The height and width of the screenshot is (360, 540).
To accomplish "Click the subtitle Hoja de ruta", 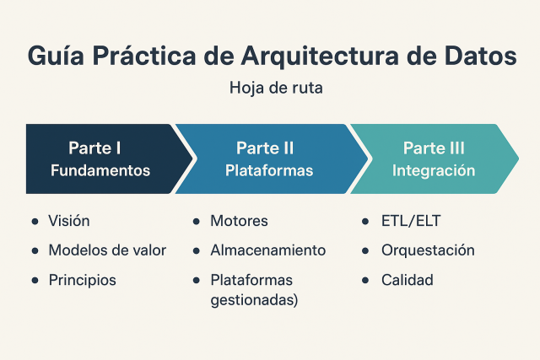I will (269, 87).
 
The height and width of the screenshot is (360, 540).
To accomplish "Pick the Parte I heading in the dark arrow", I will (95, 148).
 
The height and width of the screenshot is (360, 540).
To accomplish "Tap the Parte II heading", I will (265, 148).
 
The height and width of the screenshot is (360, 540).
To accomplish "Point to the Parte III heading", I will (434, 148).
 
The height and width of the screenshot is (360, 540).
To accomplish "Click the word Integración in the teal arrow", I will (434, 170).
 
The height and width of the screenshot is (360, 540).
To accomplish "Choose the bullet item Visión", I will (69, 221).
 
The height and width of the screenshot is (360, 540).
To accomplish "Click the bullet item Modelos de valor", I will (107, 250).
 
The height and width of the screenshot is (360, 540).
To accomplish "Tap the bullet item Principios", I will (82, 279).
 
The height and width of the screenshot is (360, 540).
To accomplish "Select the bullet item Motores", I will (240, 221).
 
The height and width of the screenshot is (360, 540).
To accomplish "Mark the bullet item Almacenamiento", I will (267, 250).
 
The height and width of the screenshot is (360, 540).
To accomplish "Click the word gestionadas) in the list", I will (254, 299).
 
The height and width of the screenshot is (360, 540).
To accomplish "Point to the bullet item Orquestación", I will (428, 250).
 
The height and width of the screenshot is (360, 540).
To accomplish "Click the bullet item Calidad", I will (407, 279).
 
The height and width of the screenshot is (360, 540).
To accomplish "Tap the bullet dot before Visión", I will (35, 222).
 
